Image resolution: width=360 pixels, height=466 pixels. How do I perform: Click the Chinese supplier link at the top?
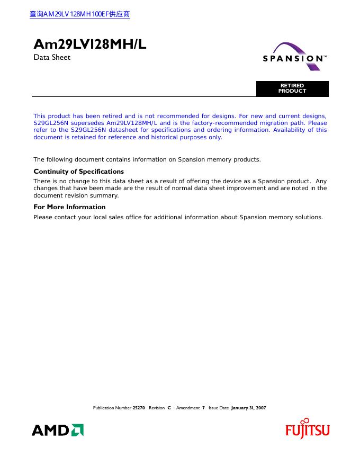(x=80, y=14)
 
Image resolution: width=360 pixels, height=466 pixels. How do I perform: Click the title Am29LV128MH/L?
(x=89, y=45)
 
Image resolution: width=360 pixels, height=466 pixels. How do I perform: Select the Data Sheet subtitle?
(x=52, y=57)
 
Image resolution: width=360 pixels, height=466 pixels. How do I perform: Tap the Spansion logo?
(x=295, y=57)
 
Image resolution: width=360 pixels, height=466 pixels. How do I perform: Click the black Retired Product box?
(x=292, y=88)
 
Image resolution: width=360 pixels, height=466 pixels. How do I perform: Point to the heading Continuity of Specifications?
(x=78, y=172)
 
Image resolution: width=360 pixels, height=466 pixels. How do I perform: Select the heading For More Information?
(x=69, y=207)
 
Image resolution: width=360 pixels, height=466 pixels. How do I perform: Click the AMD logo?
(x=58, y=430)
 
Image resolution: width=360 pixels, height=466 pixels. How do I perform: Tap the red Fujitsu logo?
(x=308, y=430)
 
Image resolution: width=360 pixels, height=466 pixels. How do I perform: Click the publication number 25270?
(x=139, y=408)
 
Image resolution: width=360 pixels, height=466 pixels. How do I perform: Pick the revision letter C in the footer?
(x=169, y=408)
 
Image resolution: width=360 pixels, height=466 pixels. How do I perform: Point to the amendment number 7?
(x=203, y=408)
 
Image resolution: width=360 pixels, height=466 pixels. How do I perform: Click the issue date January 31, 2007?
(x=248, y=408)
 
